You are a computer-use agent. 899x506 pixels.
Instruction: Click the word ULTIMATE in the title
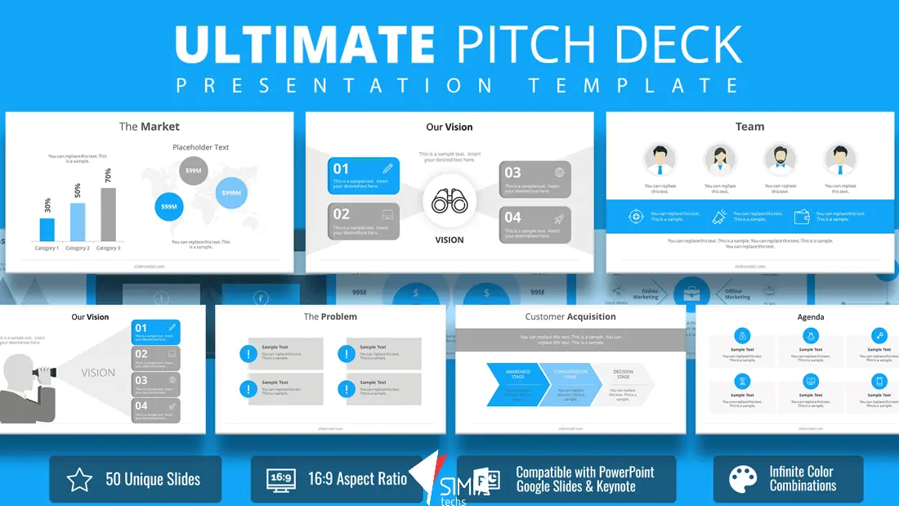[x=304, y=45]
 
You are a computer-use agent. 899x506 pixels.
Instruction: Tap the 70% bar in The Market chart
[x=108, y=214]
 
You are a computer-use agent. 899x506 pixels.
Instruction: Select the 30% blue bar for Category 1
[x=47, y=229]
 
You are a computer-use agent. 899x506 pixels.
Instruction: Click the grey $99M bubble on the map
[x=194, y=170]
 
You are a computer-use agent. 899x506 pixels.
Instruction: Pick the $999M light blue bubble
[x=231, y=193]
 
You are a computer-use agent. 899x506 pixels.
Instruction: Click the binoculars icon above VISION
[x=449, y=201]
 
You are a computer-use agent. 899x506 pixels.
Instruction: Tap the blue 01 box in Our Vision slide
[x=364, y=176]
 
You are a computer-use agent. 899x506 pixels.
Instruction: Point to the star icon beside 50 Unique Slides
[x=79, y=480]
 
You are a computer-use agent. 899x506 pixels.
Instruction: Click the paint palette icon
[x=743, y=480]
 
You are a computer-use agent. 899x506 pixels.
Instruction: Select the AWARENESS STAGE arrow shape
[x=513, y=384]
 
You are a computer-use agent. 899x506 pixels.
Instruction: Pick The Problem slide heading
[x=330, y=316]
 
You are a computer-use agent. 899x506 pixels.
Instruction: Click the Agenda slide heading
[x=811, y=316]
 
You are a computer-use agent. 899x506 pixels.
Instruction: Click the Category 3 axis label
[x=108, y=248]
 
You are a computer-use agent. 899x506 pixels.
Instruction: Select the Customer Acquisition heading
[x=570, y=316]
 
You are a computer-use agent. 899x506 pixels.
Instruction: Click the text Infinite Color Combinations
[x=803, y=479]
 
